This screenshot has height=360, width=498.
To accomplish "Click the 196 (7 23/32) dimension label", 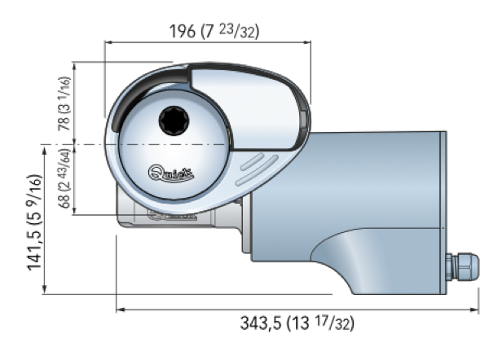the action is [214, 32].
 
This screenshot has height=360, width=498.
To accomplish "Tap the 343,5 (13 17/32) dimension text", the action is [297, 323].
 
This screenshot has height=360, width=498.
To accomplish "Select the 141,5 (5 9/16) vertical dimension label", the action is [34, 222].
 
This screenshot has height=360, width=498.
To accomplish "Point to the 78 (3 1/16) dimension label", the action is [64, 103].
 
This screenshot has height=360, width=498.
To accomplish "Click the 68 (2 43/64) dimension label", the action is [64, 178].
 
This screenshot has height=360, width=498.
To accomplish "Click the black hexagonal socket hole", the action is [174, 121].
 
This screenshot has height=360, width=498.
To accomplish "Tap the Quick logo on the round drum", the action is [171, 173].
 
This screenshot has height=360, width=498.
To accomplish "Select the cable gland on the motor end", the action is [462, 266].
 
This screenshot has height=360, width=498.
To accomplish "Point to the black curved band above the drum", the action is [139, 92].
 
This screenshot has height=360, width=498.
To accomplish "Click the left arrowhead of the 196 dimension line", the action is [108, 42].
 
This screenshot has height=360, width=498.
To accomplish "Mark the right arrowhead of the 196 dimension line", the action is [307, 42].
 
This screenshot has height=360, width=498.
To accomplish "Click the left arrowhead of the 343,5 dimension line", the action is [120, 310].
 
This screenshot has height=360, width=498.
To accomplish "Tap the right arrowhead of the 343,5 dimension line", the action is [474, 310].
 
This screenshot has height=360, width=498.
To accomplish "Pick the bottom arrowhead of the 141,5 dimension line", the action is [45, 290].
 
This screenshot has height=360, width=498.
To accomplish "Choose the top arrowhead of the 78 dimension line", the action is [74, 67].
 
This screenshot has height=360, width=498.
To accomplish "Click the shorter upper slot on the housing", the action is [252, 161].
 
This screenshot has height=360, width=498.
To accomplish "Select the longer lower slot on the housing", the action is [257, 170].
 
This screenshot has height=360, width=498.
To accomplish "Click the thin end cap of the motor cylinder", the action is [443, 213].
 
